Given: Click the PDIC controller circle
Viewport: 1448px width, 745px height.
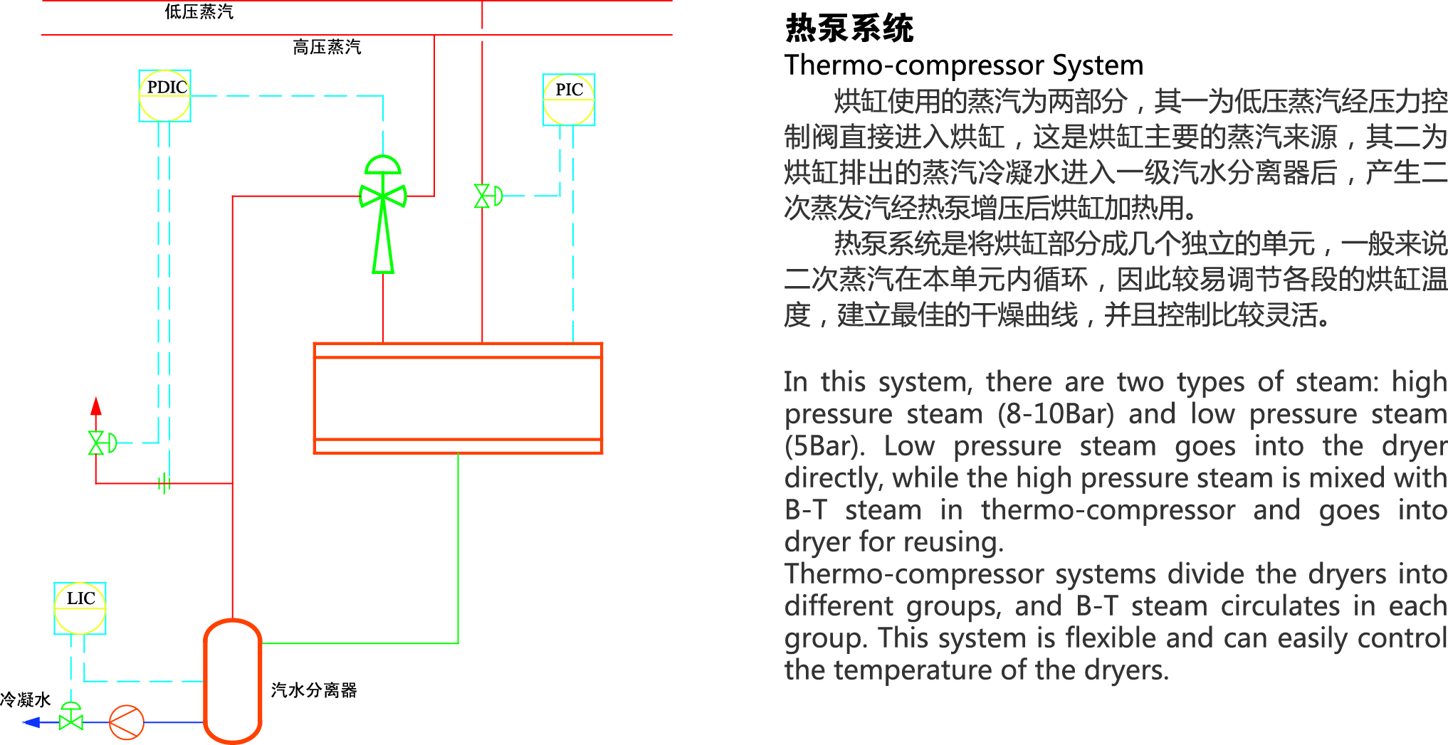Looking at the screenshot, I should (x=164, y=95).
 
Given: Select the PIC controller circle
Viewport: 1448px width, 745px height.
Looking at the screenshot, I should (x=568, y=100).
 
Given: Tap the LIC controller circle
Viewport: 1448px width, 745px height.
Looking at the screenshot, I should (x=80, y=608).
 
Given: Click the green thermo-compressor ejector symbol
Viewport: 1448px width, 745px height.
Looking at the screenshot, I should (x=383, y=213).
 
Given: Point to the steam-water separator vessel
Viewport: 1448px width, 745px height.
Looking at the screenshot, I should (x=233, y=681).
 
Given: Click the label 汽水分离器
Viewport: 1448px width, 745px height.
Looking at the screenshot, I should (x=313, y=690).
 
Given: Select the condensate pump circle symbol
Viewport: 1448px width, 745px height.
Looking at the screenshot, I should (x=127, y=722).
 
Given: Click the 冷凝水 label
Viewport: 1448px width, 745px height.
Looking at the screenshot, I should (x=26, y=699).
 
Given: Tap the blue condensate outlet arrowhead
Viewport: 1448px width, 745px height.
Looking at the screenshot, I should (x=31, y=722).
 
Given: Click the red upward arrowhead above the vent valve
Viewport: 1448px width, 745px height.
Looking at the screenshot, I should (x=96, y=406).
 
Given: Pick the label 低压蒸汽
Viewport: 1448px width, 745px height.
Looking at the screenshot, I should (x=199, y=12).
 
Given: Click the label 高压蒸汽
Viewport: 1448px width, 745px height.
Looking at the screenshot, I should (x=327, y=47).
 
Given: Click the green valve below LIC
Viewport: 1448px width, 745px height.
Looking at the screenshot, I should (x=71, y=719).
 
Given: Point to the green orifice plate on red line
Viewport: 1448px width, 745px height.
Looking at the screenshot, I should (x=164, y=484).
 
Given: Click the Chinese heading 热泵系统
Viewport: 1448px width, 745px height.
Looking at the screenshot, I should (x=849, y=28).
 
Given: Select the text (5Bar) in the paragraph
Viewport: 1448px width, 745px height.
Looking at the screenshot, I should (x=824, y=446).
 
